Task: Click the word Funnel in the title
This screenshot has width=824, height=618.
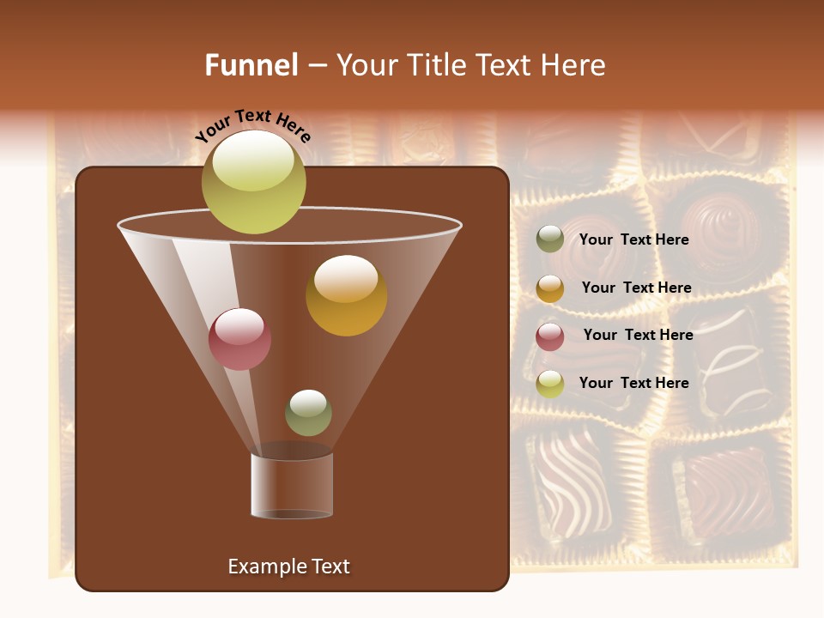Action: [251, 65]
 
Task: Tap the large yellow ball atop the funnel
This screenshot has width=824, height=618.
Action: [253, 181]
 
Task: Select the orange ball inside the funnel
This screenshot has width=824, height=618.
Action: [346, 295]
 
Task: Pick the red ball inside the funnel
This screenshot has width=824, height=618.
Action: [239, 339]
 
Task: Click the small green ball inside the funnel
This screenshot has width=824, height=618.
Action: [308, 413]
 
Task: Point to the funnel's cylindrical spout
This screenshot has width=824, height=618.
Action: [292, 485]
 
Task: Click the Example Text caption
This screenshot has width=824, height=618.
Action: [288, 566]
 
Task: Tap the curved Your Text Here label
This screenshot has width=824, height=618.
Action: [253, 125]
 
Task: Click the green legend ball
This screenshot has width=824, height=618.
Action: [550, 239]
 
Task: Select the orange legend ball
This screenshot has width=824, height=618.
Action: [550, 288]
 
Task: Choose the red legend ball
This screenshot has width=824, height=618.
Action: [550, 336]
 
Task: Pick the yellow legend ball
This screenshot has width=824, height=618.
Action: [550, 384]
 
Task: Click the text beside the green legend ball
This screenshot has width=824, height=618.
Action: [633, 239]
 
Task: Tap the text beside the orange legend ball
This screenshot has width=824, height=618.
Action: [636, 288]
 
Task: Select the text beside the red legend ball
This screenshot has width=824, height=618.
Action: [638, 335]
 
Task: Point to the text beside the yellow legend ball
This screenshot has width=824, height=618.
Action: [633, 383]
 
